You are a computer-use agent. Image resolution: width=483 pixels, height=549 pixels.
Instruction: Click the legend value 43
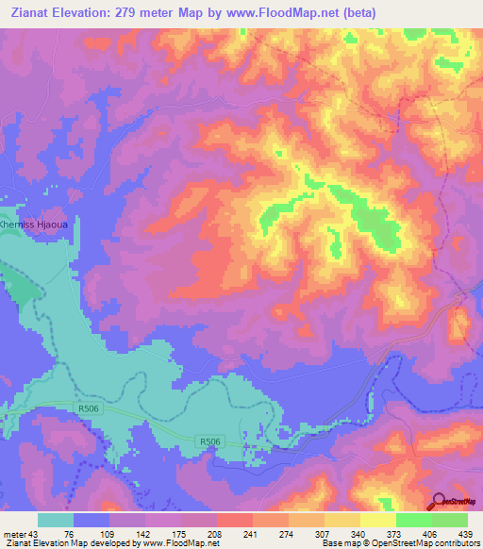click(x=36, y=534)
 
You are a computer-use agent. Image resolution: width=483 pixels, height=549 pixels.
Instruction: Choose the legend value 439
click(x=466, y=534)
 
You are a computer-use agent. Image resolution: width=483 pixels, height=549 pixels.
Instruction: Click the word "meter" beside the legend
click(x=14, y=534)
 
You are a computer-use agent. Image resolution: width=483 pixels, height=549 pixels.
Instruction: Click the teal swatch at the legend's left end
click(x=56, y=520)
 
